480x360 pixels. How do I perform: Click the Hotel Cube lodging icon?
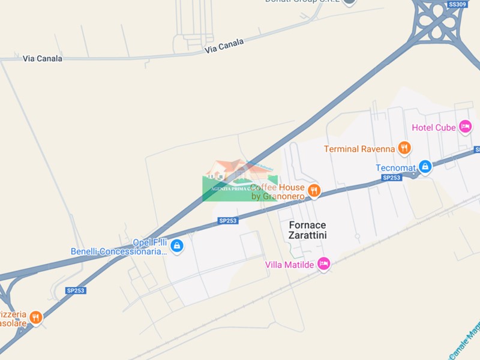click(x=465, y=127)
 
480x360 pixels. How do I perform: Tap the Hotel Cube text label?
click(x=434, y=128)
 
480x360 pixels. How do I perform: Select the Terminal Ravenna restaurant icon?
click(x=404, y=148)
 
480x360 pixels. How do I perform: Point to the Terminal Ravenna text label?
click(x=359, y=149)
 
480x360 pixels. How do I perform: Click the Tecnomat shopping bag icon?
click(x=425, y=166)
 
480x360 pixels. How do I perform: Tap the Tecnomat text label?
click(x=396, y=168)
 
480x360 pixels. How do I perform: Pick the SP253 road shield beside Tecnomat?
click(x=391, y=178)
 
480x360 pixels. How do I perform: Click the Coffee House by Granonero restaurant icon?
click(x=313, y=191)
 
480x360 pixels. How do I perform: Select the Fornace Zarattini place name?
click(x=308, y=230)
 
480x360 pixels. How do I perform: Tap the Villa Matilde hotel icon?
click(x=323, y=263)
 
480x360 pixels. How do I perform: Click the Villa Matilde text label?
click(x=290, y=265)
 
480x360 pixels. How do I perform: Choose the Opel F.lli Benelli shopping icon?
click(x=176, y=245)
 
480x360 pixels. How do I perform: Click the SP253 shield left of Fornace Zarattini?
click(x=228, y=221)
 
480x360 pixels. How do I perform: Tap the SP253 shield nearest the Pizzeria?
click(x=76, y=290)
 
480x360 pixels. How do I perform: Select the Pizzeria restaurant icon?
click(x=35, y=317)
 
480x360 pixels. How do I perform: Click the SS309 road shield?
click(x=457, y=4)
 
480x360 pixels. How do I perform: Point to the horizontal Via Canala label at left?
click(x=43, y=58)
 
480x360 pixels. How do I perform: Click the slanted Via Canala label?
click(x=224, y=46)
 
